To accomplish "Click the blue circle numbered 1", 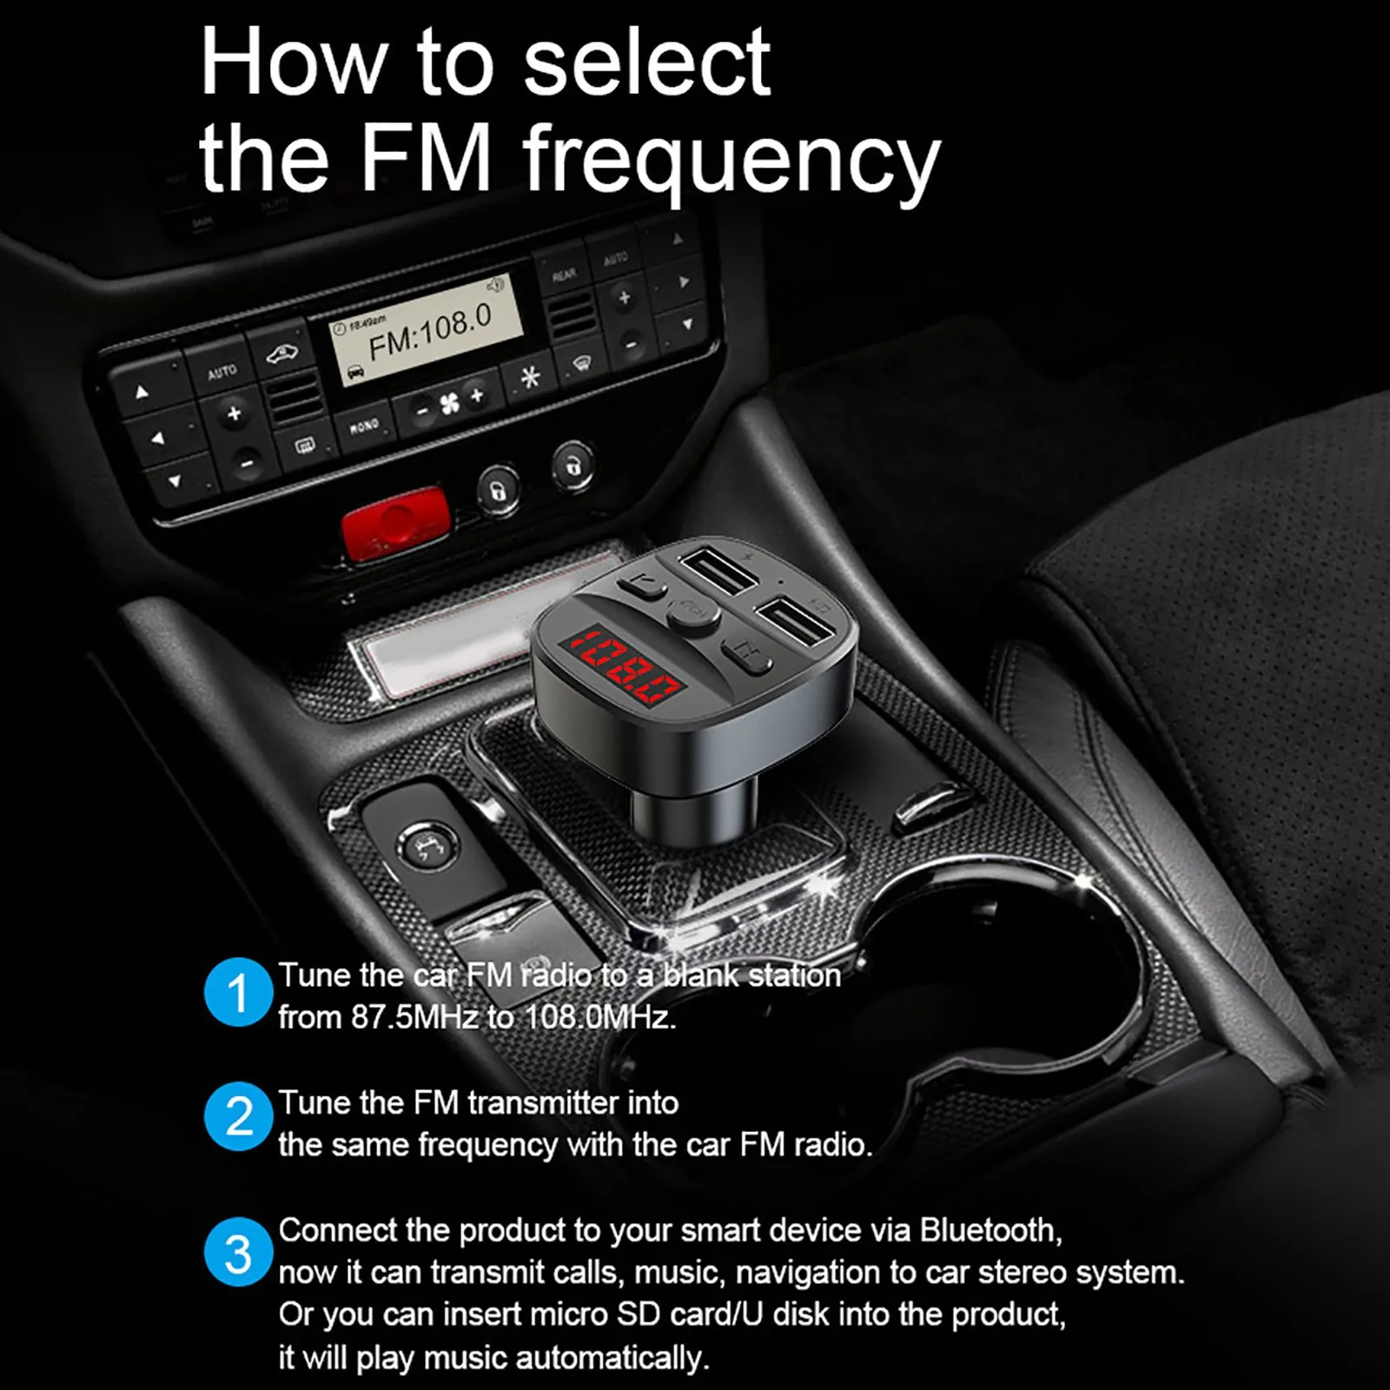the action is click(237, 992).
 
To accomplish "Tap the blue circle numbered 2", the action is click(237, 1116).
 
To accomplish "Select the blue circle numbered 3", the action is click(237, 1253).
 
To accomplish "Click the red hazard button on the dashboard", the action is click(395, 523).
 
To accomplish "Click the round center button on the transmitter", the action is click(692, 612).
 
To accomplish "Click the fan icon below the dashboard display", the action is click(449, 404).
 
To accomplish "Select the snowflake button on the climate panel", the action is click(530, 377).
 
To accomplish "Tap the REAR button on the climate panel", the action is click(564, 275).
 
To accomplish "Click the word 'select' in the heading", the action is click(647, 62).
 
